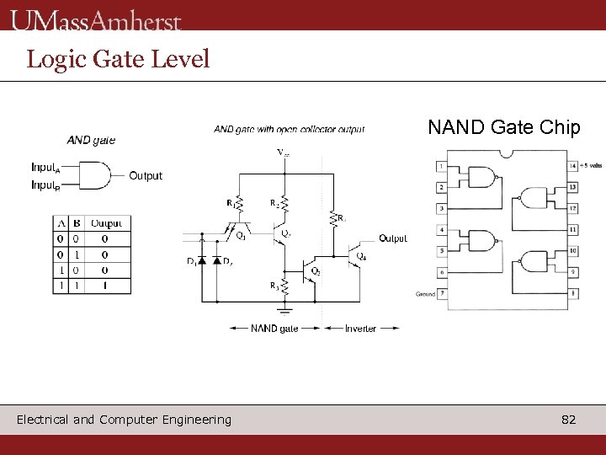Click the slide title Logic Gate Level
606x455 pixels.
(118, 59)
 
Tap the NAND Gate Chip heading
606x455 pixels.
(503, 127)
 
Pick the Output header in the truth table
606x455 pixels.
(106, 223)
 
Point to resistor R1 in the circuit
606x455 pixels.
(239, 203)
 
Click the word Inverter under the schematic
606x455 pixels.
(360, 328)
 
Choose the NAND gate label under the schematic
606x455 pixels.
(274, 328)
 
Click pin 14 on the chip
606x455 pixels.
(572, 165)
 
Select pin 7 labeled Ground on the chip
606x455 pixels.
(442, 293)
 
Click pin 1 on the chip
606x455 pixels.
(442, 165)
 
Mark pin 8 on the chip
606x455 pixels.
(572, 293)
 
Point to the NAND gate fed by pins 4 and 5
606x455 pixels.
(482, 240)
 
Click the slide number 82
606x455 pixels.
(568, 420)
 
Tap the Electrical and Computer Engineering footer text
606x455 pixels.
(124, 420)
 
